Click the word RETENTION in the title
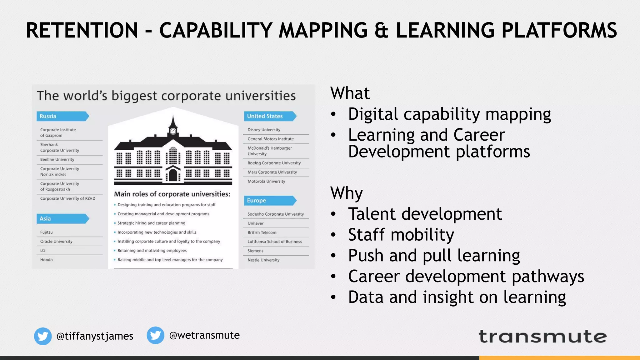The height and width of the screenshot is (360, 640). click(82, 30)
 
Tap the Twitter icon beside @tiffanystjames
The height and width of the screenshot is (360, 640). click(43, 336)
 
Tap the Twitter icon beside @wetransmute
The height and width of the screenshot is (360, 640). click(155, 335)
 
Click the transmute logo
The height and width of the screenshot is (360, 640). click(542, 337)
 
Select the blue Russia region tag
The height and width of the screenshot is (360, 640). click(62, 116)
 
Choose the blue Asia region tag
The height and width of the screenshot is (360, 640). click(62, 219)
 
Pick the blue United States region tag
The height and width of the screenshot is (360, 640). click(269, 116)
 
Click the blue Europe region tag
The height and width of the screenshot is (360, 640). click(269, 201)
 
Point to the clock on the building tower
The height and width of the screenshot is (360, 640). click(173, 131)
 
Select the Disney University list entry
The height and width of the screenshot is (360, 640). click(264, 130)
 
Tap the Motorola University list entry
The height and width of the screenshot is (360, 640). click(266, 181)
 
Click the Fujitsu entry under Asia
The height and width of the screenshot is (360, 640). click(46, 232)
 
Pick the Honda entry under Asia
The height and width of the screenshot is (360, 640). click(46, 260)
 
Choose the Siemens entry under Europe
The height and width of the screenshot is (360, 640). click(255, 251)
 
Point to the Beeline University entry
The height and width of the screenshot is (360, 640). click(57, 159)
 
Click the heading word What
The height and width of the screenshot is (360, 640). click(350, 93)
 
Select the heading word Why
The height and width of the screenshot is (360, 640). click(346, 193)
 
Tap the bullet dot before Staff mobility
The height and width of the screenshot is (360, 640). click(333, 235)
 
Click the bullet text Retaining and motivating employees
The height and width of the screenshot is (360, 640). click(152, 251)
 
